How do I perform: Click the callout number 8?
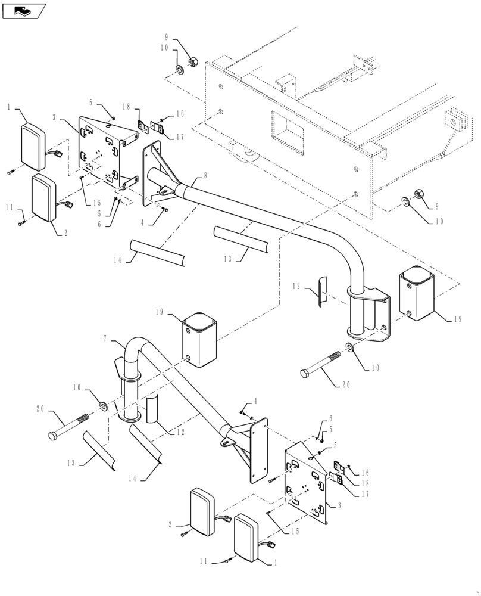(x=205, y=176)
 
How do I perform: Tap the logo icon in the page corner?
(x=24, y=10)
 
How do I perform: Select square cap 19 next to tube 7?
(x=199, y=339)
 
